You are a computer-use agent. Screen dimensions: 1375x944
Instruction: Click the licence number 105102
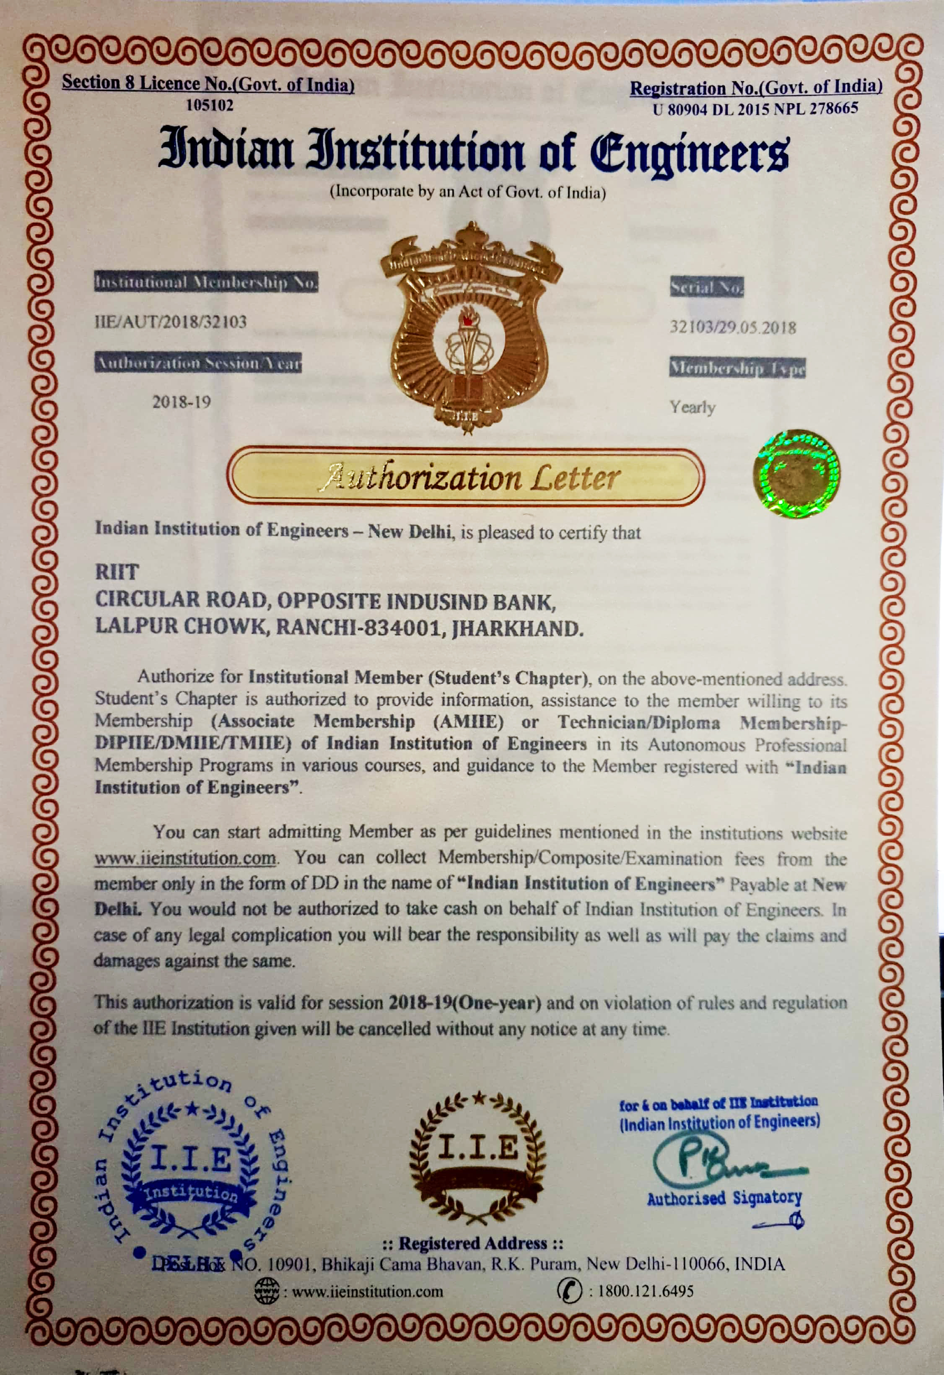210,105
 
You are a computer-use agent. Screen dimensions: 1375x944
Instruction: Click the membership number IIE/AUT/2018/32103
170,322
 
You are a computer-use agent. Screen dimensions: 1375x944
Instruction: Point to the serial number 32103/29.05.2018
732,327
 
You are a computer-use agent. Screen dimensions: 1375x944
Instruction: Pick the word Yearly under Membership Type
692,407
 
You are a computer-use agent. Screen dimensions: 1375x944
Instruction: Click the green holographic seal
797,473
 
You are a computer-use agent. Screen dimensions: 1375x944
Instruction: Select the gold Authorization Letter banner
465,477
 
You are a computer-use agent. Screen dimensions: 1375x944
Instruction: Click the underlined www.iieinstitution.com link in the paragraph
186,857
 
